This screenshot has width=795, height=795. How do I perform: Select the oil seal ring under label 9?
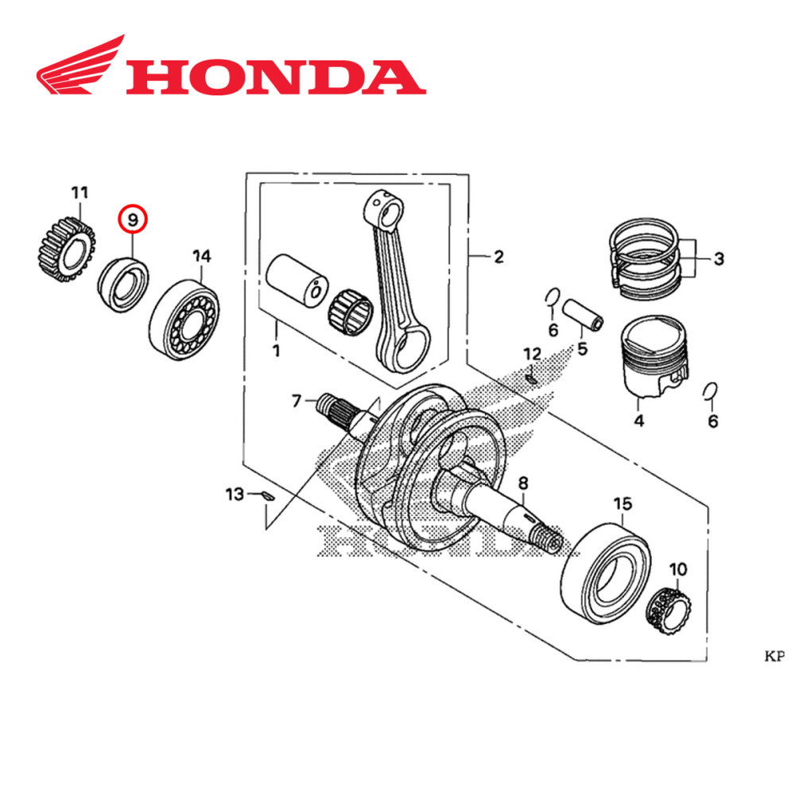click(x=122, y=281)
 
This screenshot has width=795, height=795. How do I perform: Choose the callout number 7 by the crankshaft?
click(x=297, y=401)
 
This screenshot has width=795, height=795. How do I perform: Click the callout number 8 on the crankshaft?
click(x=522, y=483)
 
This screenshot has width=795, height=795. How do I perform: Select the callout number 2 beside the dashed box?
click(x=498, y=256)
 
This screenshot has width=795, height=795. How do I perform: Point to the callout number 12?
click(x=531, y=353)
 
